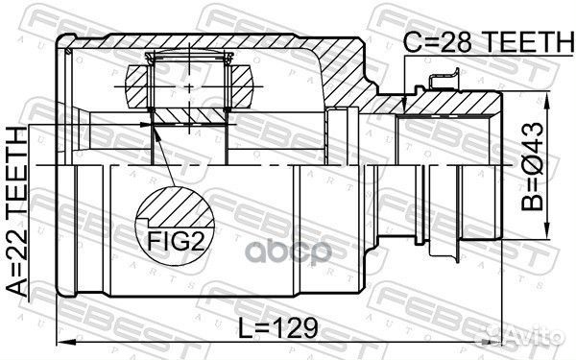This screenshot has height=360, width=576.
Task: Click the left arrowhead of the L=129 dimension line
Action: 61,343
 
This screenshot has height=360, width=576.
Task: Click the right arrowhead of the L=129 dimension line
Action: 502,343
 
